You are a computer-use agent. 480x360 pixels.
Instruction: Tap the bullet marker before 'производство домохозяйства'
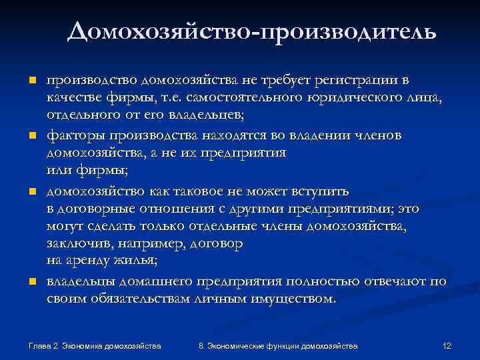31,81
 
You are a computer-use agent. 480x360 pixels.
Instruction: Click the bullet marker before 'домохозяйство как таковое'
31,193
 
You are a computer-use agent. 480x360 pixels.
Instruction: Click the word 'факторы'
73,137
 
